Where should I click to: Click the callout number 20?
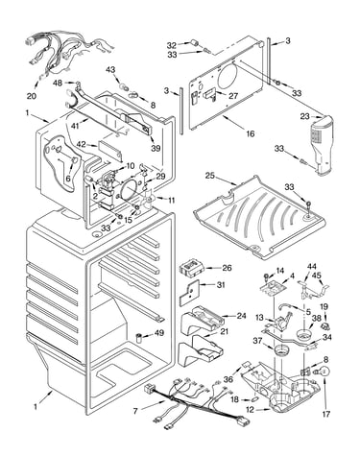33,95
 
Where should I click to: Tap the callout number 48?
58,83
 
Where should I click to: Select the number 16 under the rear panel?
251,133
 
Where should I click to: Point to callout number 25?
210,176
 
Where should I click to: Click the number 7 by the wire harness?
135,411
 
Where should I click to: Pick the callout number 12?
250,409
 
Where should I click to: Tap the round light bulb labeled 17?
324,372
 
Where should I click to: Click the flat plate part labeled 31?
189,293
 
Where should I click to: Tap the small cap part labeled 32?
195,43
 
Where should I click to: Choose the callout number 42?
82,144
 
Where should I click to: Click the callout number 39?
156,148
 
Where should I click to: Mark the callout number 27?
233,95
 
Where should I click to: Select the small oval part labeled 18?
254,399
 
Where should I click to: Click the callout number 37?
258,342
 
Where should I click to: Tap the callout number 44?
312,267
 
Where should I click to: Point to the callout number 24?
241,316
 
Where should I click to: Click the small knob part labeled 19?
325,327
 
